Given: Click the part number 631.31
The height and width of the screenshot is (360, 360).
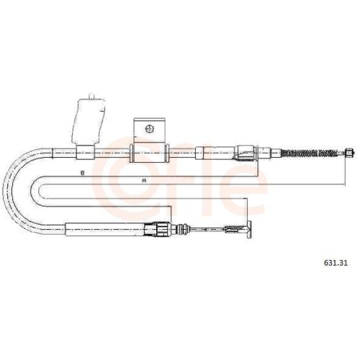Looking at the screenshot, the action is [336, 263].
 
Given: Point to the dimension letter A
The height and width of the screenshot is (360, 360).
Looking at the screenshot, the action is [144, 181].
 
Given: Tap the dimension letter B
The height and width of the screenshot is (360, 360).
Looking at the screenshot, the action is [83, 173].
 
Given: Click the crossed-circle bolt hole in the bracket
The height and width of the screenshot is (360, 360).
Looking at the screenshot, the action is [149, 129].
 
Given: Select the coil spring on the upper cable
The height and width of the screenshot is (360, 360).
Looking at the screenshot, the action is [310, 153].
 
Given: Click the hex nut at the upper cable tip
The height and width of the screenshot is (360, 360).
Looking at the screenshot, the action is [349, 153].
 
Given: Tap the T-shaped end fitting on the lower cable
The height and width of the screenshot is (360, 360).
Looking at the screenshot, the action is [249, 230].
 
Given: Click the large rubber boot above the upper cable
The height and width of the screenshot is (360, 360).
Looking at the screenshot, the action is [89, 122].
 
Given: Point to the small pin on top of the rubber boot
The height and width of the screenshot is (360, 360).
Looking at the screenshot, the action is [91, 95].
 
